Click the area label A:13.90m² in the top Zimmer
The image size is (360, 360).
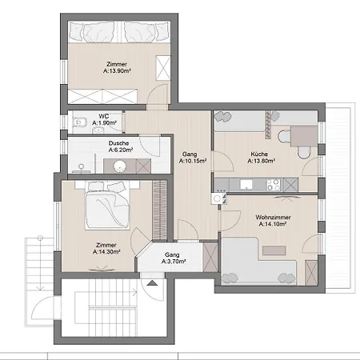point(119,70)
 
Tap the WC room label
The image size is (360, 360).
point(103,116)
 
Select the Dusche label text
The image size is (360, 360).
point(119,143)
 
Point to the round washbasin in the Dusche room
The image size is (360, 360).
point(121,166)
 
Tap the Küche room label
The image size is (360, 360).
point(258,154)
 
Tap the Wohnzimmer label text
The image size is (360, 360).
point(272,218)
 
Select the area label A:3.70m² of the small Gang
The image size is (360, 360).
point(173,261)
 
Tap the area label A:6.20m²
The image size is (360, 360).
point(120,150)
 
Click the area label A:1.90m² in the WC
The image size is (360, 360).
point(104,123)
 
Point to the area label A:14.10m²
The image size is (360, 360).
point(272,225)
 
